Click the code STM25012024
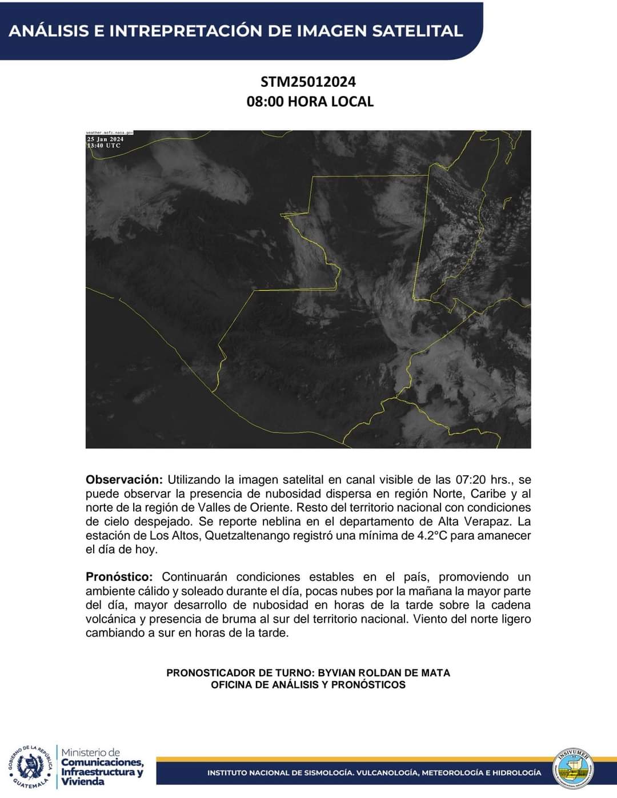(308, 82)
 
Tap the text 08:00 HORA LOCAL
(310, 102)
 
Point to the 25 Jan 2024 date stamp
(106, 139)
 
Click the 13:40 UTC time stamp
(104, 146)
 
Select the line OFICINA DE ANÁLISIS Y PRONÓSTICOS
(308, 685)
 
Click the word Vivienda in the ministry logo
(83, 781)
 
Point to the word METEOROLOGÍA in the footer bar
(450, 773)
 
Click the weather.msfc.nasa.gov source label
(110, 133)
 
